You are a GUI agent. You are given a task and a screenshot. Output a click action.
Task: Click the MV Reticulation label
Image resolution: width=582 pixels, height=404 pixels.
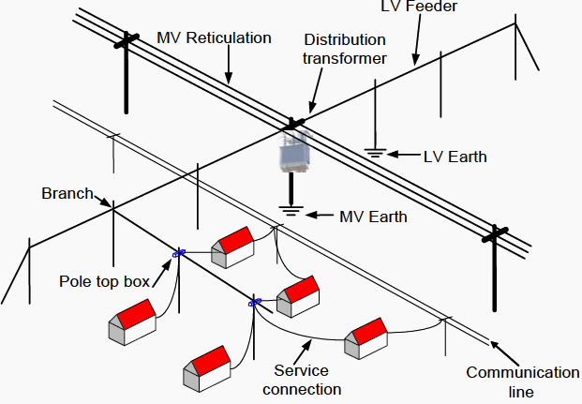click(x=215, y=38)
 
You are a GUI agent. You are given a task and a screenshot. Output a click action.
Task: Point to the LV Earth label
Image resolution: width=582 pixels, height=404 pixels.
click(x=455, y=157)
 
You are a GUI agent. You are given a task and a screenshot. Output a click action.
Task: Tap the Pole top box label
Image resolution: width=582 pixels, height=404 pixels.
click(x=100, y=280)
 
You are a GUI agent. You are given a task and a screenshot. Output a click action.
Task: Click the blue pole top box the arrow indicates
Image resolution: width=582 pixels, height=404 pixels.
click(x=178, y=252)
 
